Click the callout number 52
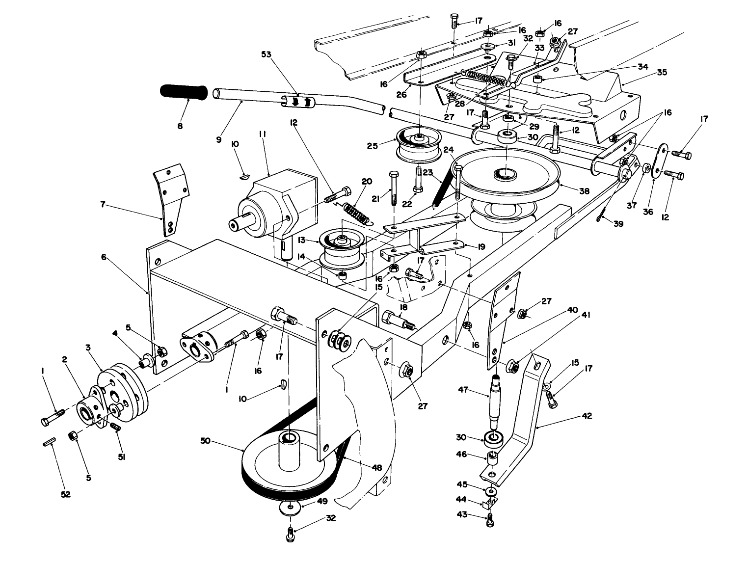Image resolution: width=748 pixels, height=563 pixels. [66, 494]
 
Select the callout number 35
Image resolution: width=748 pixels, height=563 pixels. [662, 72]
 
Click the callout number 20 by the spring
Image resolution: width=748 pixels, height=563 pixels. [366, 181]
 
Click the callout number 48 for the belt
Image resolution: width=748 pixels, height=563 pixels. [376, 468]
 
